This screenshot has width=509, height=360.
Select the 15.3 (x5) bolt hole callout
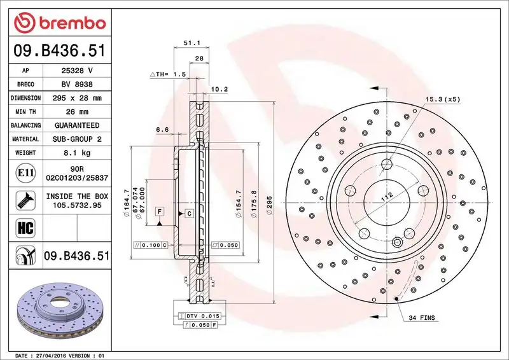pos(442,99)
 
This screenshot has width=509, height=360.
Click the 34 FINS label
pos(421,317)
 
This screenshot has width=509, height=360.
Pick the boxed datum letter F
pos(159,211)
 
